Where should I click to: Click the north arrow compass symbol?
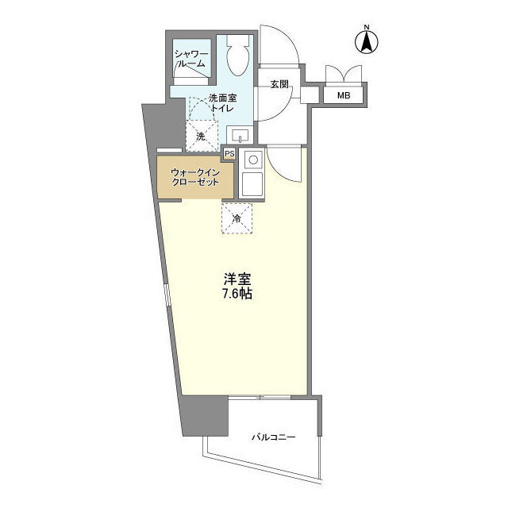click(368, 44)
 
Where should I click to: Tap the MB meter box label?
click(343, 95)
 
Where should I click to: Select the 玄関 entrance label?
click(278, 84)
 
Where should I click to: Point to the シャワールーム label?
click(190, 58)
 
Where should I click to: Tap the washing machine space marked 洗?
click(201, 136)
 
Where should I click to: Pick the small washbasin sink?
click(238, 134)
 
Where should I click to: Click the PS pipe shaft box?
click(229, 154)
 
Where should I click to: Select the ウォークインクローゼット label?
click(194, 175)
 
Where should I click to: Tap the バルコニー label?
click(272, 437)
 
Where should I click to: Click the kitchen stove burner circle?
click(252, 160)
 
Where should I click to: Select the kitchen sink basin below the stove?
click(252, 186)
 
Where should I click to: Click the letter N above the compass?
click(368, 29)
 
